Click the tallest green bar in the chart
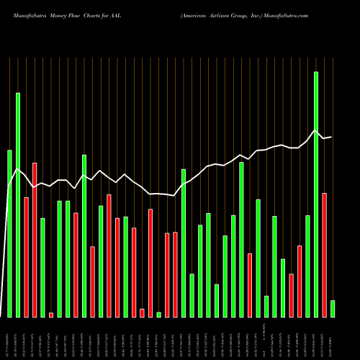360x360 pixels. pos(315,194)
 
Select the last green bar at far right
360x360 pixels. pos(332,309)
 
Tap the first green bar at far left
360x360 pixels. pos(9,233)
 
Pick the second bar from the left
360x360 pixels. pos(18,205)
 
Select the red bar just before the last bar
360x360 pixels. pos(324,255)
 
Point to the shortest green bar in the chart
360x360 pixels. pos(158,315)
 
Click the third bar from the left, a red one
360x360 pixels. pos(26,257)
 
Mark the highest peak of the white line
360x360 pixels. pos(315,130)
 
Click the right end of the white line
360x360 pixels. pos(331,137)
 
